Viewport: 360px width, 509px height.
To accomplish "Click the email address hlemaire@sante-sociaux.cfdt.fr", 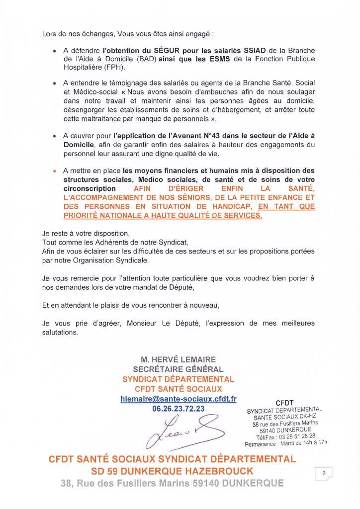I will pos(178,399).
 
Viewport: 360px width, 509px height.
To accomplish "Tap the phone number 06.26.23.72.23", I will pos(178,408).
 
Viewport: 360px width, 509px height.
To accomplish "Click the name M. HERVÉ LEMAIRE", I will pos(178,360).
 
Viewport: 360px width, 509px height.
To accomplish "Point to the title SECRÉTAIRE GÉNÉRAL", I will pos(178,369).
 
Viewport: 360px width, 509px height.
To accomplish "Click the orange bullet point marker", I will pos(54,171).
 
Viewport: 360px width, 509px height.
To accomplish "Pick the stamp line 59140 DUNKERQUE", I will pos(285,430).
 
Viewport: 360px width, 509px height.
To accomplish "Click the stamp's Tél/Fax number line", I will pos(285,436).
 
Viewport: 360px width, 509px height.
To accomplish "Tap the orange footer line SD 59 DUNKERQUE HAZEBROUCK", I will pos(172,471).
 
